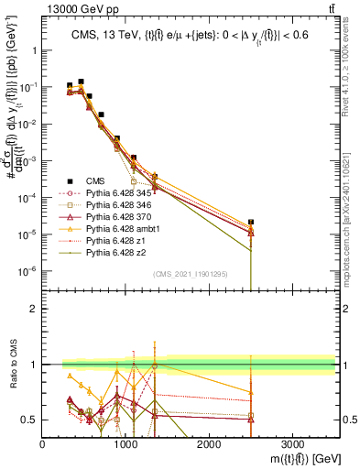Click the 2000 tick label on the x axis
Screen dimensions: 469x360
pyautogui.click(x=209, y=443)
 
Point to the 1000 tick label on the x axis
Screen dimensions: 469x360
pyautogui.click(x=125, y=443)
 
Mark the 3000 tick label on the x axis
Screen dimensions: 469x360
pyautogui.click(x=292, y=443)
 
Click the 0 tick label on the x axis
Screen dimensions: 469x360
pyautogui.click(x=43, y=443)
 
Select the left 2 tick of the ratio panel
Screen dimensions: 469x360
pyautogui.click(x=34, y=309)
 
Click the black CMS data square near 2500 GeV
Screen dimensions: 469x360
pyautogui.click(x=251, y=222)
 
